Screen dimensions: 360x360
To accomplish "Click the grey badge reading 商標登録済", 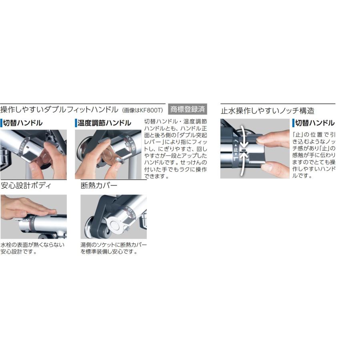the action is coord(187,109).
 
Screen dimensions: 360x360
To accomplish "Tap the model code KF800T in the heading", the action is coord(152,110).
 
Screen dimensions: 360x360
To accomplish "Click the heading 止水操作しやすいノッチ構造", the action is coord(268,111).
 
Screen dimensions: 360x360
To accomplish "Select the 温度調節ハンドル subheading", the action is coord(104,123).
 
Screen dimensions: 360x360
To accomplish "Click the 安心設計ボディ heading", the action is coord(26,186).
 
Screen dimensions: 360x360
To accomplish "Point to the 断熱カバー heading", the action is coord(99,186).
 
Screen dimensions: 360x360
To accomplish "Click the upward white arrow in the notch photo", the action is coord(243,164).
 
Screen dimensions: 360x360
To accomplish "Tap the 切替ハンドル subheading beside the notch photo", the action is coord(315,123).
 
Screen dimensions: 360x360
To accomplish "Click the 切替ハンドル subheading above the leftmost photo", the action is coord(22,123).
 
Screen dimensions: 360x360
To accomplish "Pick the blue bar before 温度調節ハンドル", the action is coord(76,123).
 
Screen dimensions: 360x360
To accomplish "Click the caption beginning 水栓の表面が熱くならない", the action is coord(32,248).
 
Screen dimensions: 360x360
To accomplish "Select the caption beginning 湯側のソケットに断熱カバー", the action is coord(114,248).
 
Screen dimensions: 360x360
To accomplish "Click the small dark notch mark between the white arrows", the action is coord(244,150).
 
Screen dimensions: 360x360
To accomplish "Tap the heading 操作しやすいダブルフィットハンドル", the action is coord(59,110).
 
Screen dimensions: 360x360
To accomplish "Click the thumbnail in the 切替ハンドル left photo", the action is coord(34,166).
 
